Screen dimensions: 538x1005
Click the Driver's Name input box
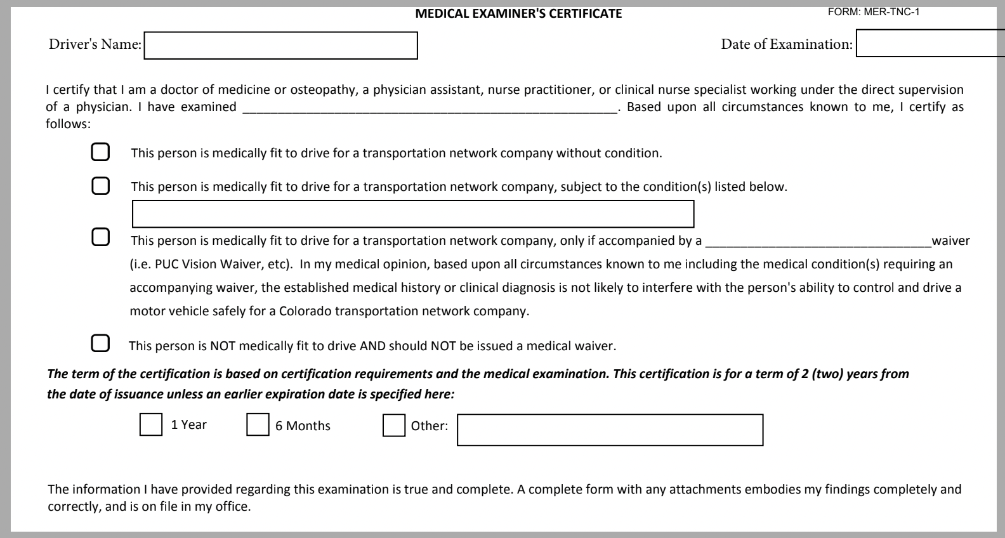point(280,46)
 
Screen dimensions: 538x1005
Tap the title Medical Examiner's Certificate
point(518,13)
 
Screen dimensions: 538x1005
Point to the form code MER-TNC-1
point(874,11)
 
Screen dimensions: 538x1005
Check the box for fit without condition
point(100,152)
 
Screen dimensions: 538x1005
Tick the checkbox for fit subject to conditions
point(100,186)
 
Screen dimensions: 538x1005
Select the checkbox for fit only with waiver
point(100,237)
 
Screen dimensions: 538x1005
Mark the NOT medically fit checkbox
point(100,343)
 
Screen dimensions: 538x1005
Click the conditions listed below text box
point(412,214)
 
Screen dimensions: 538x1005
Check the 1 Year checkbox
point(150,425)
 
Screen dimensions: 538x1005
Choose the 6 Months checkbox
point(258,425)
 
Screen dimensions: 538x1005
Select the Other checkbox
point(394,425)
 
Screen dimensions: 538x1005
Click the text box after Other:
point(610,430)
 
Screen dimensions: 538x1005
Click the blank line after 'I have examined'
point(430,108)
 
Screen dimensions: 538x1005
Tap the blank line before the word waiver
point(818,242)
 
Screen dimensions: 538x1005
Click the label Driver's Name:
point(95,44)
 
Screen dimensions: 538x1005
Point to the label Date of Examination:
point(787,44)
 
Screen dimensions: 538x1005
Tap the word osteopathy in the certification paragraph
point(322,90)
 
